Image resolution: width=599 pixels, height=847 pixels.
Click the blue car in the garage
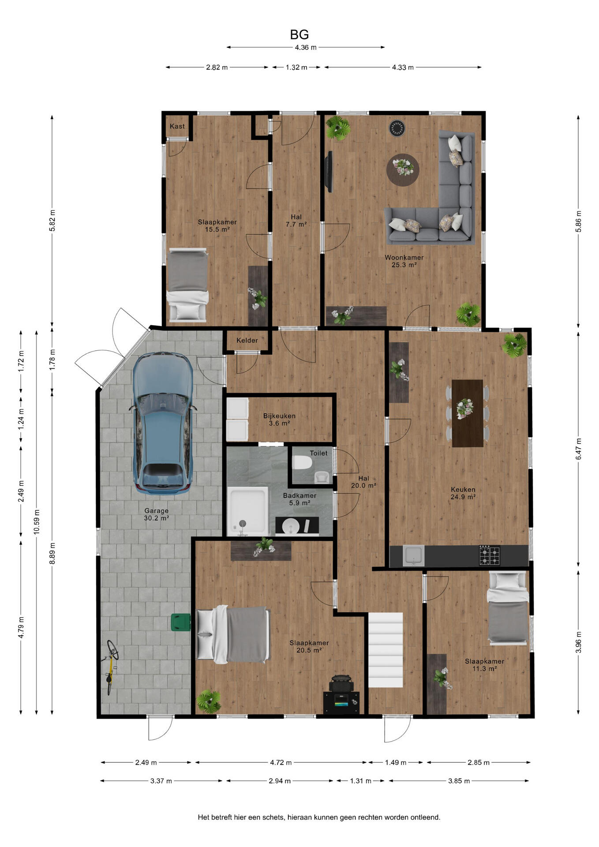tap(163, 423)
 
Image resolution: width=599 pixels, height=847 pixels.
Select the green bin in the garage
tap(180, 622)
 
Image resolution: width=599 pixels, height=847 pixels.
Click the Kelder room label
tap(247, 341)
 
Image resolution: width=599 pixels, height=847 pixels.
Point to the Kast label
tap(177, 126)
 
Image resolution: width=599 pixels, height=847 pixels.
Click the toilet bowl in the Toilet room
tap(302, 463)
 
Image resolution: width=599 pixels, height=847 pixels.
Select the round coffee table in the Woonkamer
tap(403, 170)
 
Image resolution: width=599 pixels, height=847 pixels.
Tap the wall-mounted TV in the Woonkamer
tap(329, 172)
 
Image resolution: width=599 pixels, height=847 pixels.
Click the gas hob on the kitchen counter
tap(490, 555)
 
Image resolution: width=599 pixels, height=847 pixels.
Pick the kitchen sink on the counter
tap(413, 555)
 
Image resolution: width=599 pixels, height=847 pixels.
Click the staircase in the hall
tap(386, 649)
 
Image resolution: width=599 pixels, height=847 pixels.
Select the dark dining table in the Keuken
tap(468, 413)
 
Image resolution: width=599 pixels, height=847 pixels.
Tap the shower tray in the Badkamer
tap(248, 511)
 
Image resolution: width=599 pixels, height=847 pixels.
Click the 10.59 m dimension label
tap(37, 522)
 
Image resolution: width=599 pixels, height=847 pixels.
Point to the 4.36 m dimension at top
tap(306, 47)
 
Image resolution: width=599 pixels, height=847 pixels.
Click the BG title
tap(299, 34)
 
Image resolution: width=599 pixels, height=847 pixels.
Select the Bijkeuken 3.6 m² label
tap(279, 420)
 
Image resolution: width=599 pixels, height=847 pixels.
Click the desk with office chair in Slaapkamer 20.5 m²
tap(341, 695)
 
